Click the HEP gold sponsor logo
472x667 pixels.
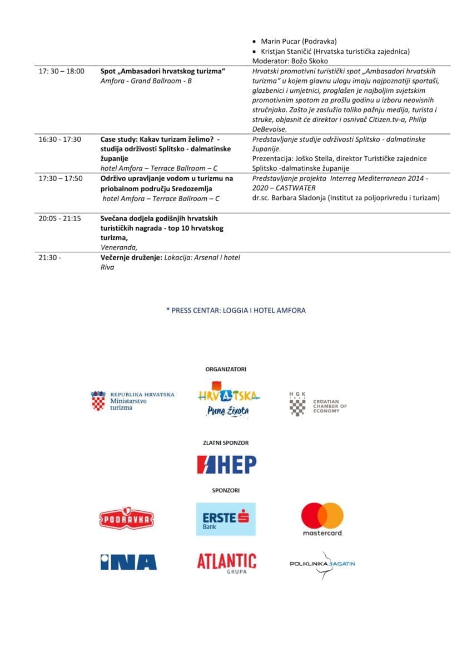click(226, 464)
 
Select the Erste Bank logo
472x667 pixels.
click(226, 519)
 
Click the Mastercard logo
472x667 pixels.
click(322, 519)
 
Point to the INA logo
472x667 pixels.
click(128, 562)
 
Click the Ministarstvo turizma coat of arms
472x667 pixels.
click(98, 401)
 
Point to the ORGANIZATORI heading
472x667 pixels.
click(226, 369)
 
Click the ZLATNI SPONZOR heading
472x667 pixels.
click(226, 443)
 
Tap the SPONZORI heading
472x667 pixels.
click(226, 491)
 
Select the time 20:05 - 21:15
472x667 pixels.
click(59, 218)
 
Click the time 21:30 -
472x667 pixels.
click(49, 258)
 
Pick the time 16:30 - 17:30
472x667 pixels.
click(59, 140)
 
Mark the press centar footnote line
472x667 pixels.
click(236, 311)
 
